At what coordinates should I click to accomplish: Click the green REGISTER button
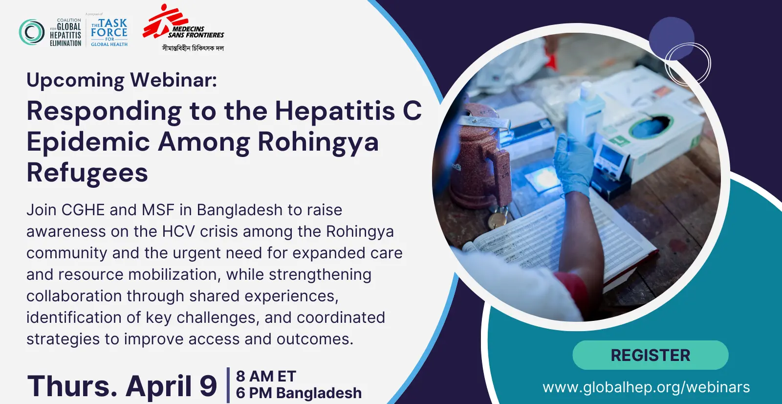coord(651,355)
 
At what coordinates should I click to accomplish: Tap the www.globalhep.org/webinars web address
coord(646,387)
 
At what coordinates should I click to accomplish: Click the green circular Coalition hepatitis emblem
coord(32,32)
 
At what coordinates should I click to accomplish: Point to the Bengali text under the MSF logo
coord(193,48)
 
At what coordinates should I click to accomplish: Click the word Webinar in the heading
coord(174,80)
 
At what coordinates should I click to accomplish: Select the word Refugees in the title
coord(87,173)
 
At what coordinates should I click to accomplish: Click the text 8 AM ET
coord(266,377)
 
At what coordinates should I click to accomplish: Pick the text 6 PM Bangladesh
coord(299,393)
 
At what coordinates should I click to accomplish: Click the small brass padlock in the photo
coord(498,219)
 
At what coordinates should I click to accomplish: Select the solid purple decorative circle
coord(672,39)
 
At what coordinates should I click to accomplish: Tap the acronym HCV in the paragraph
coord(178,231)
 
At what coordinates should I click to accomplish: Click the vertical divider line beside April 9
coord(228,385)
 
